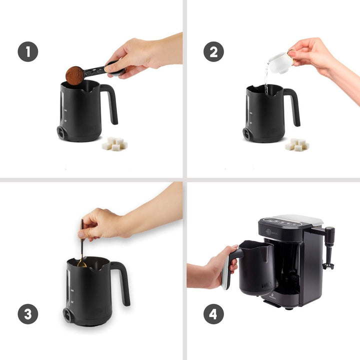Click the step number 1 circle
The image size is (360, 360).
tap(28, 52)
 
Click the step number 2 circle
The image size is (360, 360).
tap(213, 52)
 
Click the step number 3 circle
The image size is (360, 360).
tap(28, 314)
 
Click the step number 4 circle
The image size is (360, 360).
tap(213, 314)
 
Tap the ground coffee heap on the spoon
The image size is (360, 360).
tap(74, 75)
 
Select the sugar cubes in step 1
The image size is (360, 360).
tap(114, 144)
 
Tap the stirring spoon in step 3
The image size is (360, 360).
tap(81, 245)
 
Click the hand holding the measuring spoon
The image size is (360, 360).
tap(135, 55)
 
